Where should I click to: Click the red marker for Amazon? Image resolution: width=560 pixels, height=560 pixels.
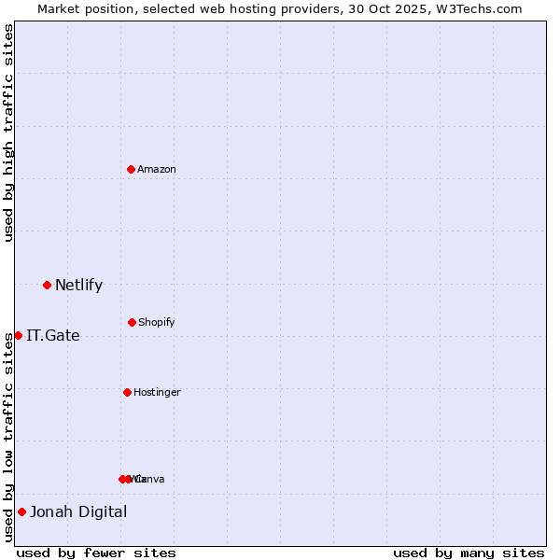131,169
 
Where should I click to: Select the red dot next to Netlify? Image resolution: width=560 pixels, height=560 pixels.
47,285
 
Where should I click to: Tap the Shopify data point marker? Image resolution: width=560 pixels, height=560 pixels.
132,322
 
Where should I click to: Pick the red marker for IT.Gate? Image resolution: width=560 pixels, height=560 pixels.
18,335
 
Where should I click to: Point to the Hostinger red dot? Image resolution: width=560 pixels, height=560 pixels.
127,392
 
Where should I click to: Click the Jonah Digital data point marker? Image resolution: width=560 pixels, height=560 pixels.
21,511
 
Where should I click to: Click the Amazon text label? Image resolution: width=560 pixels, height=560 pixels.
156,169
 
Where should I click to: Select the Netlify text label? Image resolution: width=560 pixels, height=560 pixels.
78,285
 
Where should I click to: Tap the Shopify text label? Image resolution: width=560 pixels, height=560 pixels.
156,322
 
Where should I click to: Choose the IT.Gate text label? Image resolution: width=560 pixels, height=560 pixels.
52,335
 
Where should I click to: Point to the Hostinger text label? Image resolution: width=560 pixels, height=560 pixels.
157,392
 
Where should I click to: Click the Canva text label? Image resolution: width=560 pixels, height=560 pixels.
149,479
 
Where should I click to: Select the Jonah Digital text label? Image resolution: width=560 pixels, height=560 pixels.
78,511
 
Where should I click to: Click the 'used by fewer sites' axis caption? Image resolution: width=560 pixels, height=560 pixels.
96,553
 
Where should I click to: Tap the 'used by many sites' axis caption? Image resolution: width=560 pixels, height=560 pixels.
469,553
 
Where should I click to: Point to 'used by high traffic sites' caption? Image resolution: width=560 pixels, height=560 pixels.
8,133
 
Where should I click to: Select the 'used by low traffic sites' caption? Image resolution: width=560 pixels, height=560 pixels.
8,436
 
